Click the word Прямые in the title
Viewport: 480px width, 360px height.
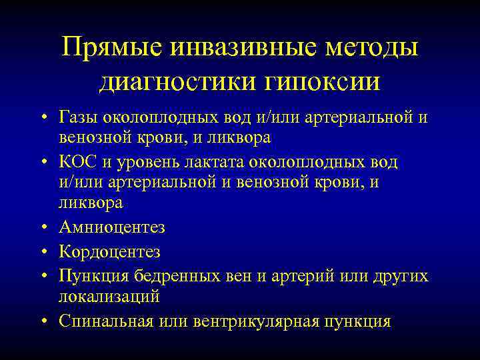tap(114, 47)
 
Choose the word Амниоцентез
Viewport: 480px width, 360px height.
tap(112, 227)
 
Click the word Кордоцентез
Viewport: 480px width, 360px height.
tap(109, 252)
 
